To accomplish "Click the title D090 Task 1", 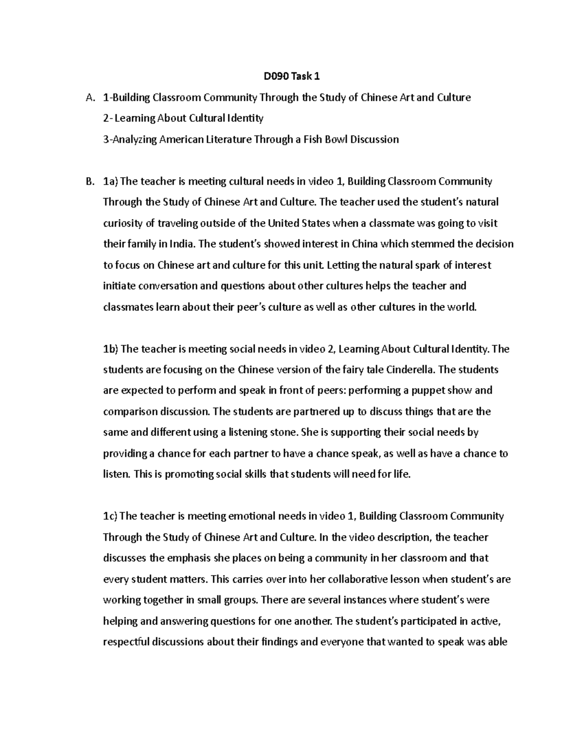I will (x=292, y=76).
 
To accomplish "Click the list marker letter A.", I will (x=89, y=97).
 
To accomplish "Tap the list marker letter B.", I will (x=89, y=182).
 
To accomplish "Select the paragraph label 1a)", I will (x=110, y=182).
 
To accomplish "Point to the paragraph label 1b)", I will (x=111, y=349).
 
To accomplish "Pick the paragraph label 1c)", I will (x=110, y=516).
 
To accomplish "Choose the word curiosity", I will (x=123, y=223).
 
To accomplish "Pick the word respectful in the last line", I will (x=126, y=642).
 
